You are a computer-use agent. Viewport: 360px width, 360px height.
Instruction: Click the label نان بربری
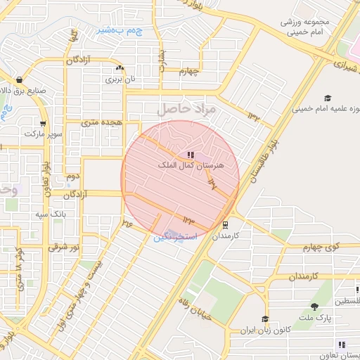tap(120, 79)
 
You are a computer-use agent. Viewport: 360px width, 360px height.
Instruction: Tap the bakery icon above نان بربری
tap(120, 69)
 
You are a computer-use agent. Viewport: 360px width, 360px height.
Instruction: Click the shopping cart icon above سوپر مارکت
tap(44, 123)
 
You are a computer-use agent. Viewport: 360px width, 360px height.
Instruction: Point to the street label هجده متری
tap(103, 122)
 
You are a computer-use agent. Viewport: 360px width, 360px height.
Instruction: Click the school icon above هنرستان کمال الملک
tap(191, 154)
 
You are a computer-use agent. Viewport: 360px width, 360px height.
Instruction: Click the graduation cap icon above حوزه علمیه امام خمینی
tap(327, 98)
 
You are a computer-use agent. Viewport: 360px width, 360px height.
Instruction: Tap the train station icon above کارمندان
tap(225, 225)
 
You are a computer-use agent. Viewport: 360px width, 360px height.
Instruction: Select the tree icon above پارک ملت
tap(314, 306)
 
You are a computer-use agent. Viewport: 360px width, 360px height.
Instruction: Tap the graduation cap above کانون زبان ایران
tap(264, 319)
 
